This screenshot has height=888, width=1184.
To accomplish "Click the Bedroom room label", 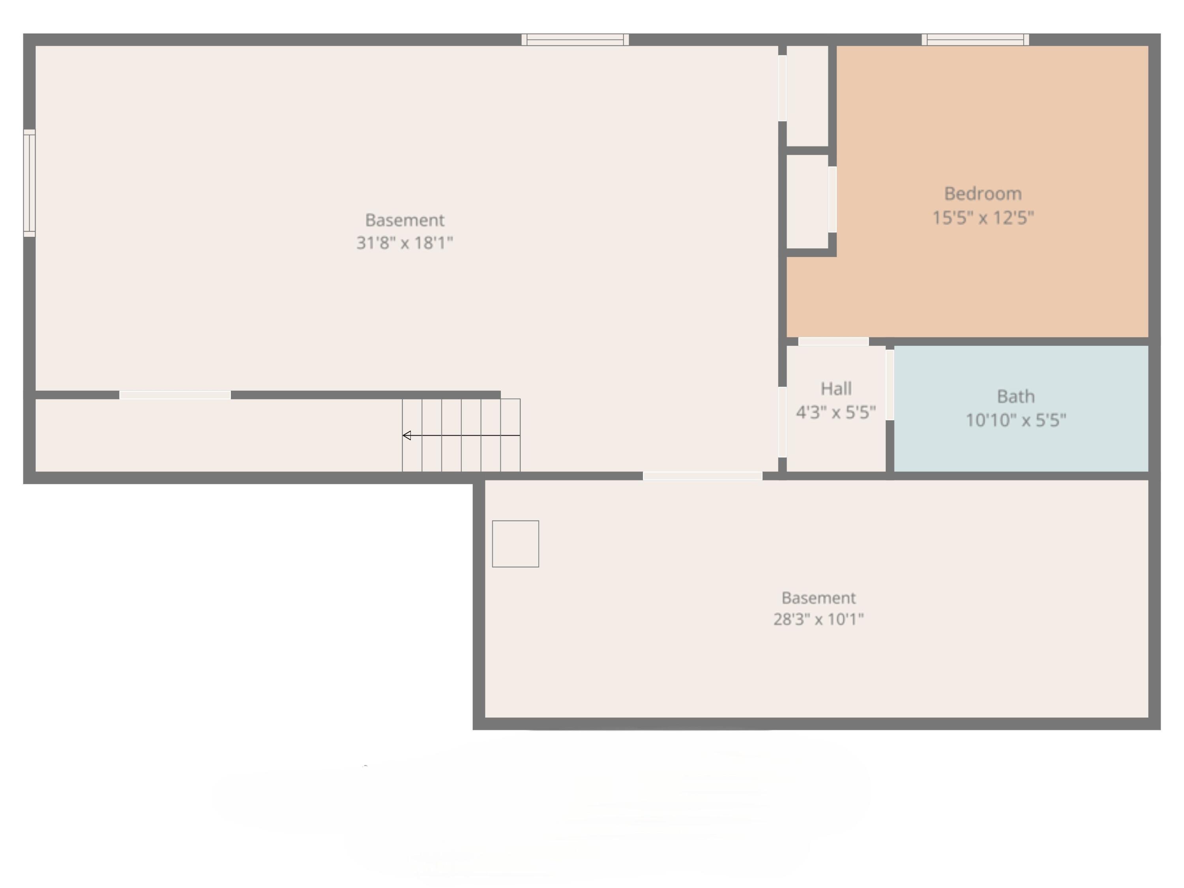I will [983, 194].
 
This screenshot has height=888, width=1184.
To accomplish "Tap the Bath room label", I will [1015, 397].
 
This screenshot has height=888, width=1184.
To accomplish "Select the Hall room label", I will [836, 389].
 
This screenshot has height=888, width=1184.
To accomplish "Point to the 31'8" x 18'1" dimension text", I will [405, 243].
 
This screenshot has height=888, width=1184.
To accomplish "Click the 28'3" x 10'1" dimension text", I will [819, 619].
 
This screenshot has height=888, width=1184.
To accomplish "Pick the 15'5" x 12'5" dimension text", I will [983, 218].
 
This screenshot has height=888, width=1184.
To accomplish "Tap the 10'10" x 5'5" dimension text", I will [1015, 420].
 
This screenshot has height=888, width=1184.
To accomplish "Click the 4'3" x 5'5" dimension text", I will [836, 412].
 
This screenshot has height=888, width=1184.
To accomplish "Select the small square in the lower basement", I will [515, 544].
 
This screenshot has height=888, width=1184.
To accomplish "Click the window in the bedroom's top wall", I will [975, 39].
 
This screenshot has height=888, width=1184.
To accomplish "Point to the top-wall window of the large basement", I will [575, 39].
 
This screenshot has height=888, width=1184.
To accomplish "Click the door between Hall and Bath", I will [890, 385].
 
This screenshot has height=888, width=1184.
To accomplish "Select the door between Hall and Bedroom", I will [834, 341].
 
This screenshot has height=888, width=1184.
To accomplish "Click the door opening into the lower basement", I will [702, 476].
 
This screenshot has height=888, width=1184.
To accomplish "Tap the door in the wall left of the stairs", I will [175, 395].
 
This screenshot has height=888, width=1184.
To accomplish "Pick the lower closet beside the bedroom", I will [807, 201].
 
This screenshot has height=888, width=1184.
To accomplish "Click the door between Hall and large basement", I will [782, 422].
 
